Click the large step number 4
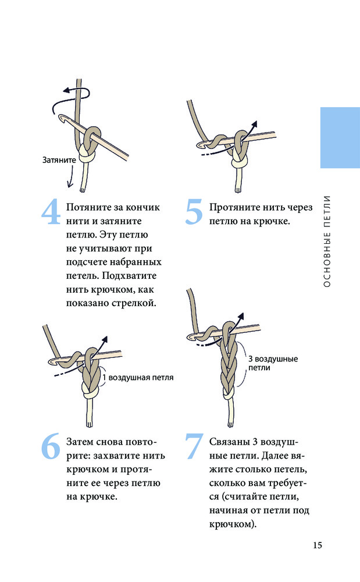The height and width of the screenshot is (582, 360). pyautogui.click(x=51, y=212)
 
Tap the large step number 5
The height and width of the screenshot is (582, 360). pyautogui.click(x=194, y=212)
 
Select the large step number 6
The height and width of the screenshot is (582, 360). pyautogui.click(x=51, y=446)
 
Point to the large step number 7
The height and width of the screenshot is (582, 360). pyautogui.click(x=194, y=446)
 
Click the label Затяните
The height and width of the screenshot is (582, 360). pyautogui.click(x=59, y=161)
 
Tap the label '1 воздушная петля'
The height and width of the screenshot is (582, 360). pyautogui.click(x=138, y=378)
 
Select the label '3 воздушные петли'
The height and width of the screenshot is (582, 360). pyautogui.click(x=273, y=363)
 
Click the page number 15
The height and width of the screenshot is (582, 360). pyautogui.click(x=318, y=545)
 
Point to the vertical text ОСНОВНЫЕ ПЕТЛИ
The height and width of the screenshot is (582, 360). pyautogui.click(x=327, y=242)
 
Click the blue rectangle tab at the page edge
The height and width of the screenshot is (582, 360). pyautogui.click(x=340, y=138)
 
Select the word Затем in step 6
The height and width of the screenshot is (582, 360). pyautogui.click(x=80, y=442)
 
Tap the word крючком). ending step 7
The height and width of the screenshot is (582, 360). pyautogui.click(x=233, y=524)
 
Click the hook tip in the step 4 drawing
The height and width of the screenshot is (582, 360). pyautogui.click(x=60, y=118)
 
